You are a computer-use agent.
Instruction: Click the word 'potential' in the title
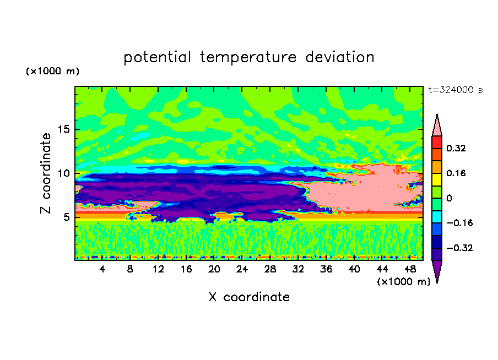click(158, 57)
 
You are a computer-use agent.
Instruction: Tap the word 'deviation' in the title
click(340, 57)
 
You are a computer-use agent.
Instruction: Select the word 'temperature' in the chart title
click(248, 57)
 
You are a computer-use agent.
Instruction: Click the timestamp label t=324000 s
click(456, 90)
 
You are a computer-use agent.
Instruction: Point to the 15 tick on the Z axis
click(64, 129)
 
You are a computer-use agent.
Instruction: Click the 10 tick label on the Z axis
click(64, 173)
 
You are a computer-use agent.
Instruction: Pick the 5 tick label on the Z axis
click(67, 217)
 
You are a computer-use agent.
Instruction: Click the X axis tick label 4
click(102, 269)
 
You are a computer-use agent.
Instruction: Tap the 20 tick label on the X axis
click(214, 269)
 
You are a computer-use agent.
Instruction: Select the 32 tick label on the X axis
click(298, 269)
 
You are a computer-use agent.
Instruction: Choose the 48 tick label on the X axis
click(410, 269)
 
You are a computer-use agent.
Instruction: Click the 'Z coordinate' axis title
click(45, 173)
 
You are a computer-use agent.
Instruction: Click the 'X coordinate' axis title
click(249, 297)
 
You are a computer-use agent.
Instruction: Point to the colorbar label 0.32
click(456, 148)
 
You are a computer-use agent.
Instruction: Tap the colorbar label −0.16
click(459, 223)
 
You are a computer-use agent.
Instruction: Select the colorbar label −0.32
click(459, 248)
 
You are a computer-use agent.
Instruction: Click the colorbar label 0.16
click(456, 173)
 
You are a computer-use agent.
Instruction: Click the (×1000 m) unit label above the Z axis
click(52, 71)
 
